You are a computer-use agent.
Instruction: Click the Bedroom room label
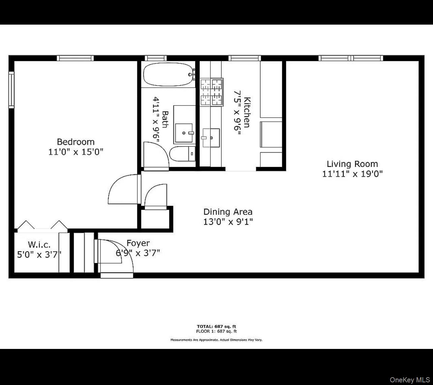76,142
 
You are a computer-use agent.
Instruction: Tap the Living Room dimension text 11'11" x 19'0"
352,174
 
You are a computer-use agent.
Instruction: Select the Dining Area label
228,212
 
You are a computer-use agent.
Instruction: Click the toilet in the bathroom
182,154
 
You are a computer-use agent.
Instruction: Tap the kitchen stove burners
212,92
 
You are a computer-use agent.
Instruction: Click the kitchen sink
211,138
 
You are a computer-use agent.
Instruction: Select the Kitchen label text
247,112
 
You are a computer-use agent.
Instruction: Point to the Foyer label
138,243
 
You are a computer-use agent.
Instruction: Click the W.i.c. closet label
39,244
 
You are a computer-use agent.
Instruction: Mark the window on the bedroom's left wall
11,90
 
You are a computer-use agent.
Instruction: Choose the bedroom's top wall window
75,58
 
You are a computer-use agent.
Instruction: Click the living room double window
351,58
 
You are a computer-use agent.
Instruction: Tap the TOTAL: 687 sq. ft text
216,326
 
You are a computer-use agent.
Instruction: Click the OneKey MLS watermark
410,380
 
